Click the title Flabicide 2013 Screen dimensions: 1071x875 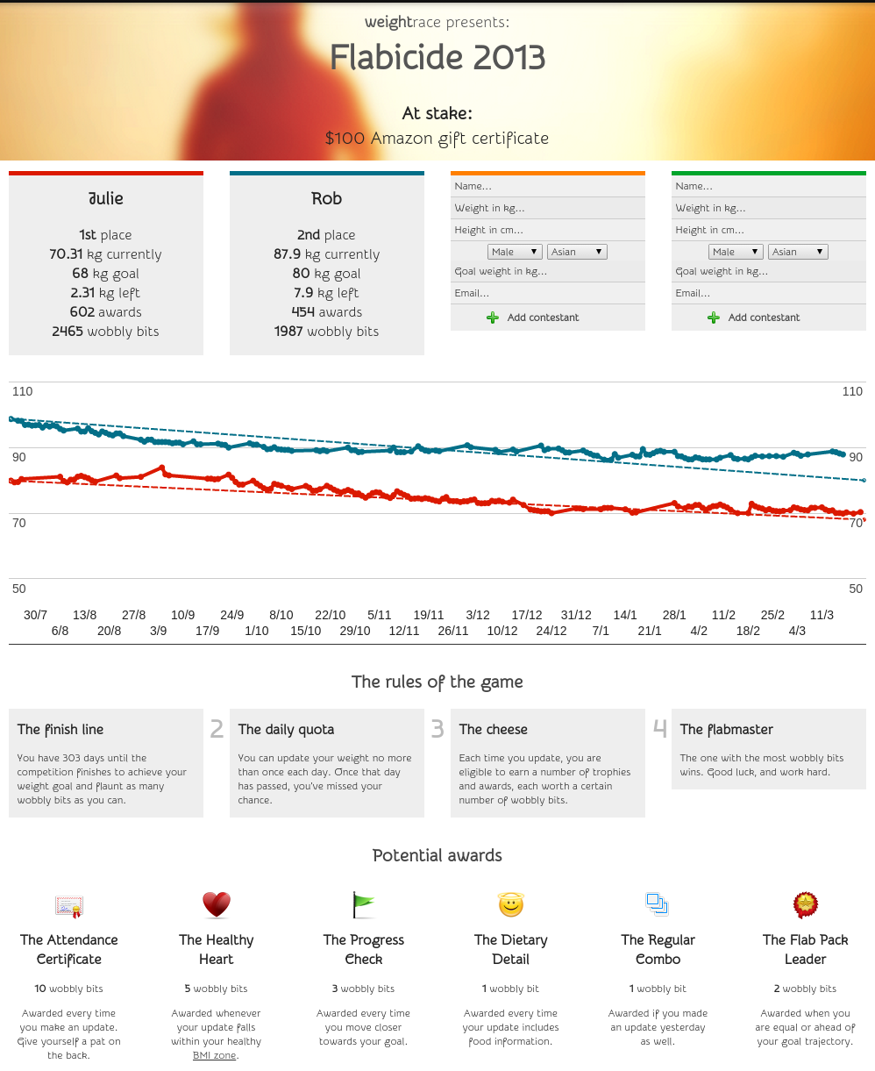(x=437, y=59)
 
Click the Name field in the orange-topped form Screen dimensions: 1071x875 (x=547, y=186)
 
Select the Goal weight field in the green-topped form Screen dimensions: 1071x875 (x=768, y=272)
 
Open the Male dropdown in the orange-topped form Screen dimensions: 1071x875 (x=515, y=252)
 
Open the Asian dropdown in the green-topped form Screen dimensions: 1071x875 (x=798, y=252)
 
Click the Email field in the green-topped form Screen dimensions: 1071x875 (x=768, y=293)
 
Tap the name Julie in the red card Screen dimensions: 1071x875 (x=106, y=199)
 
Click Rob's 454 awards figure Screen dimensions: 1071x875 (x=326, y=312)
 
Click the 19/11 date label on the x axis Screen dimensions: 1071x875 (x=429, y=615)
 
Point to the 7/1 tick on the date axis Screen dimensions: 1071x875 (x=601, y=631)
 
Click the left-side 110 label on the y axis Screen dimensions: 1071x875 (x=22, y=391)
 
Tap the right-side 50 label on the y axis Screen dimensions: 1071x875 (x=856, y=589)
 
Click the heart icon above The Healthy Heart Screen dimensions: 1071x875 (x=216, y=903)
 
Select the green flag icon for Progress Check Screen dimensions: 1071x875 (x=363, y=903)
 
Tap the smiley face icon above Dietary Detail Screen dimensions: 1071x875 (x=510, y=903)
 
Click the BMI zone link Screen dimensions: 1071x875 (x=215, y=1055)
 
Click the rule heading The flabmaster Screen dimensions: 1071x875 (x=726, y=729)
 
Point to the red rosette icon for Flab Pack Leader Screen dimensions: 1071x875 (x=805, y=903)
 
